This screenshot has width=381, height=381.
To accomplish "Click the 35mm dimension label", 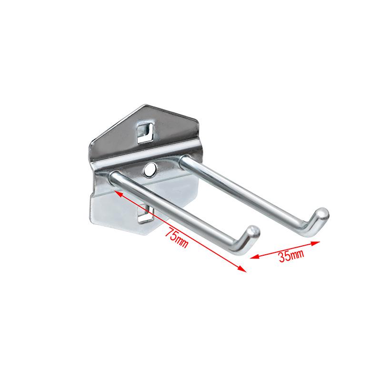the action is click(291, 255).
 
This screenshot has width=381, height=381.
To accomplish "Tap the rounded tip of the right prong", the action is click(322, 213).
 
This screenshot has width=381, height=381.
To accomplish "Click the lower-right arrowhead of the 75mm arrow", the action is click(242, 269).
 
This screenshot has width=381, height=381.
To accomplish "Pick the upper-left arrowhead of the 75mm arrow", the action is click(118, 194).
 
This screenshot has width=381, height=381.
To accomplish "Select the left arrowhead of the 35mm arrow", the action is click(254, 256).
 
